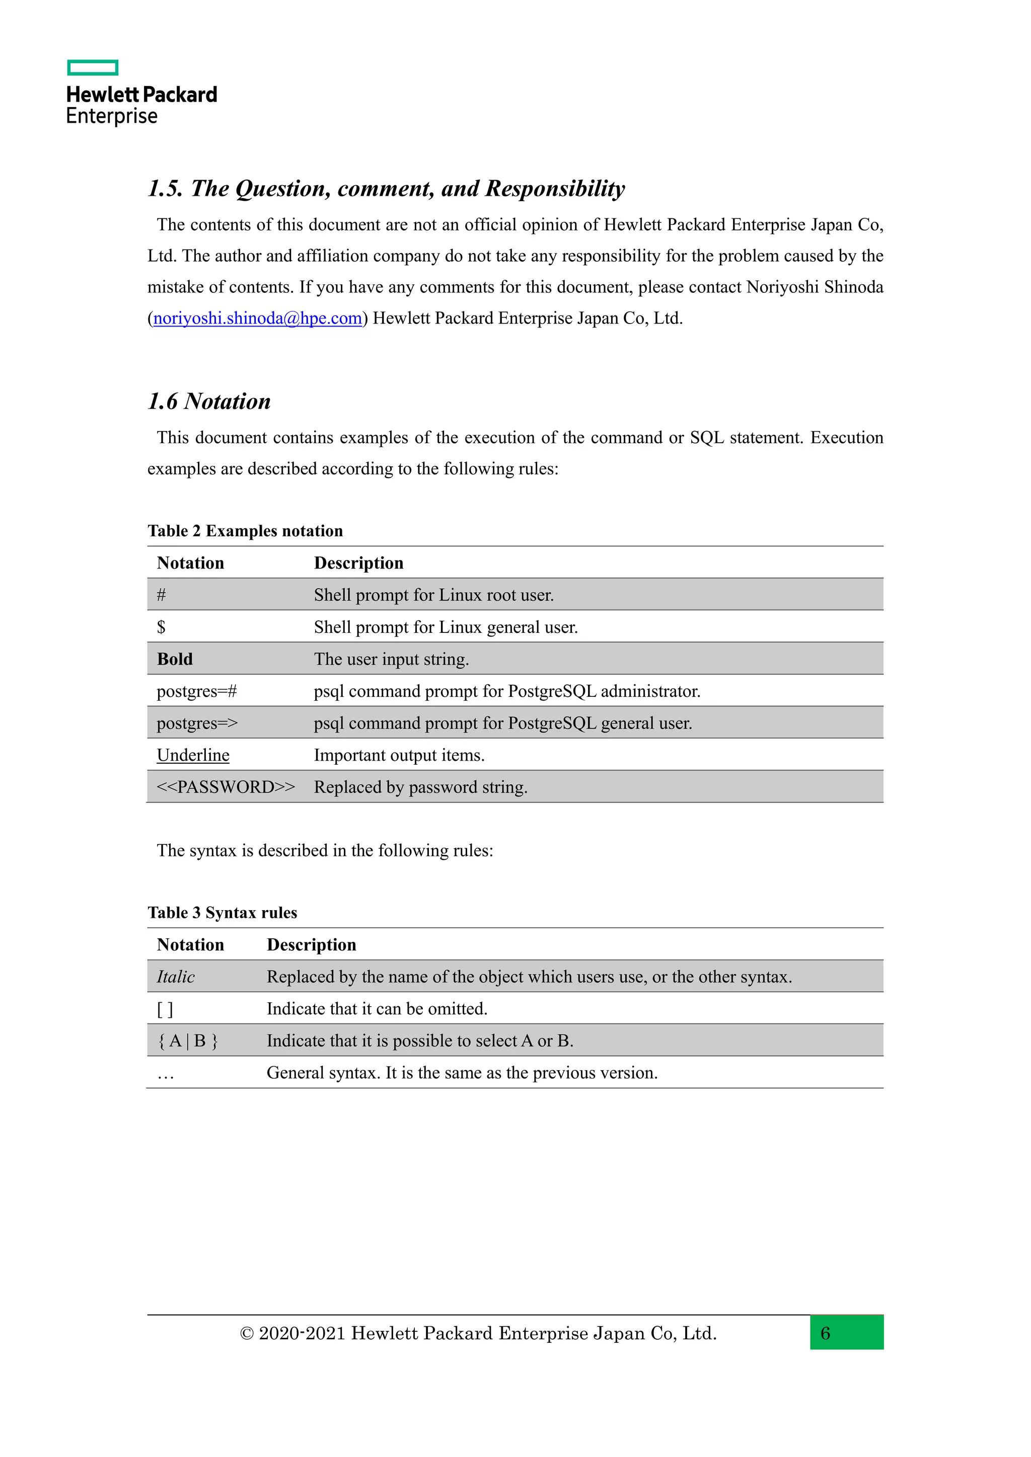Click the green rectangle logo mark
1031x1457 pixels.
(x=93, y=67)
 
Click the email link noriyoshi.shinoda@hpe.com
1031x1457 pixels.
(x=257, y=318)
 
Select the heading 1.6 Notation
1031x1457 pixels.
(x=209, y=401)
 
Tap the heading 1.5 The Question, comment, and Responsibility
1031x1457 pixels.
(x=386, y=189)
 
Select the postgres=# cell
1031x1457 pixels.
(x=197, y=691)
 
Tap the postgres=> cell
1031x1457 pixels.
(x=197, y=723)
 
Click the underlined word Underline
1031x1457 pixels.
(x=193, y=755)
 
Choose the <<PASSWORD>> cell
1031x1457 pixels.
(x=226, y=787)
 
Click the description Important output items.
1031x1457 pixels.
(x=399, y=755)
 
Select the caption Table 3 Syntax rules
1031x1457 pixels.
(x=222, y=913)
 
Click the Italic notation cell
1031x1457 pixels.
(x=176, y=977)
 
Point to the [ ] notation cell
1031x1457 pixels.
(x=165, y=1009)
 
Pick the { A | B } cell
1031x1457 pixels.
(x=188, y=1041)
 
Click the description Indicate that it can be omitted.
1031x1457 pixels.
(x=377, y=1009)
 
